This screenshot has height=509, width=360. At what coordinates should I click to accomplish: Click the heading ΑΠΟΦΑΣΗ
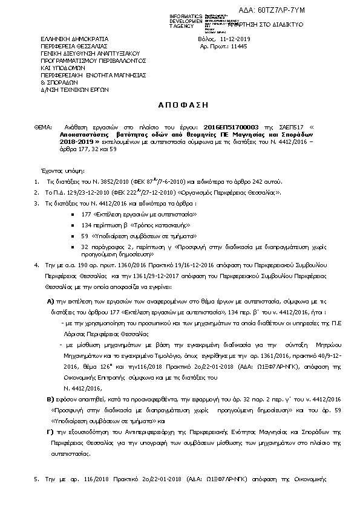click(x=180, y=105)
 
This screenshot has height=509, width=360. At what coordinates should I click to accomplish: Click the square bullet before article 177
click(x=73, y=215)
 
